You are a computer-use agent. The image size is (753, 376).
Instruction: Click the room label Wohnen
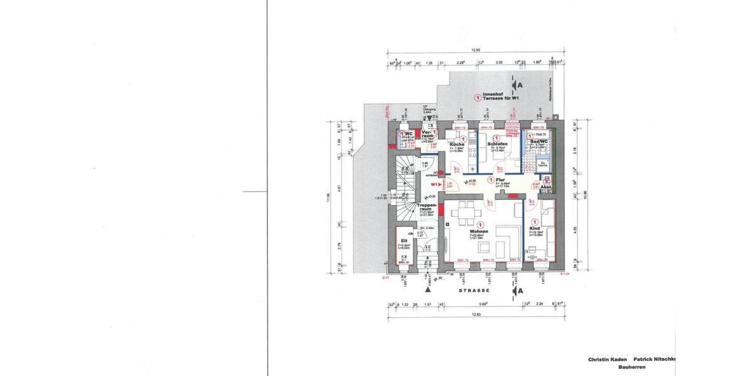coord(479,231)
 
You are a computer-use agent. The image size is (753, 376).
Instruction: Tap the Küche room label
coord(457,144)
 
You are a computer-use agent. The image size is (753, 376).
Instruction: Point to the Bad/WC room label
coord(539,141)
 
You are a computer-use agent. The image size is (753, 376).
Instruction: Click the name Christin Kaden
coord(607,360)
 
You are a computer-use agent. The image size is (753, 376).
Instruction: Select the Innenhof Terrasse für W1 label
coord(498,97)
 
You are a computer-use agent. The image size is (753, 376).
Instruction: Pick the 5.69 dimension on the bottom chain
coord(483,304)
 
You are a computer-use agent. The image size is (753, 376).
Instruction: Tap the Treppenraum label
coord(427,208)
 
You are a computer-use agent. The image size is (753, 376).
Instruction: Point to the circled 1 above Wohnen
coord(480,224)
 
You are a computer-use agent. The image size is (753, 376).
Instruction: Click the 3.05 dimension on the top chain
coord(499,63)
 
